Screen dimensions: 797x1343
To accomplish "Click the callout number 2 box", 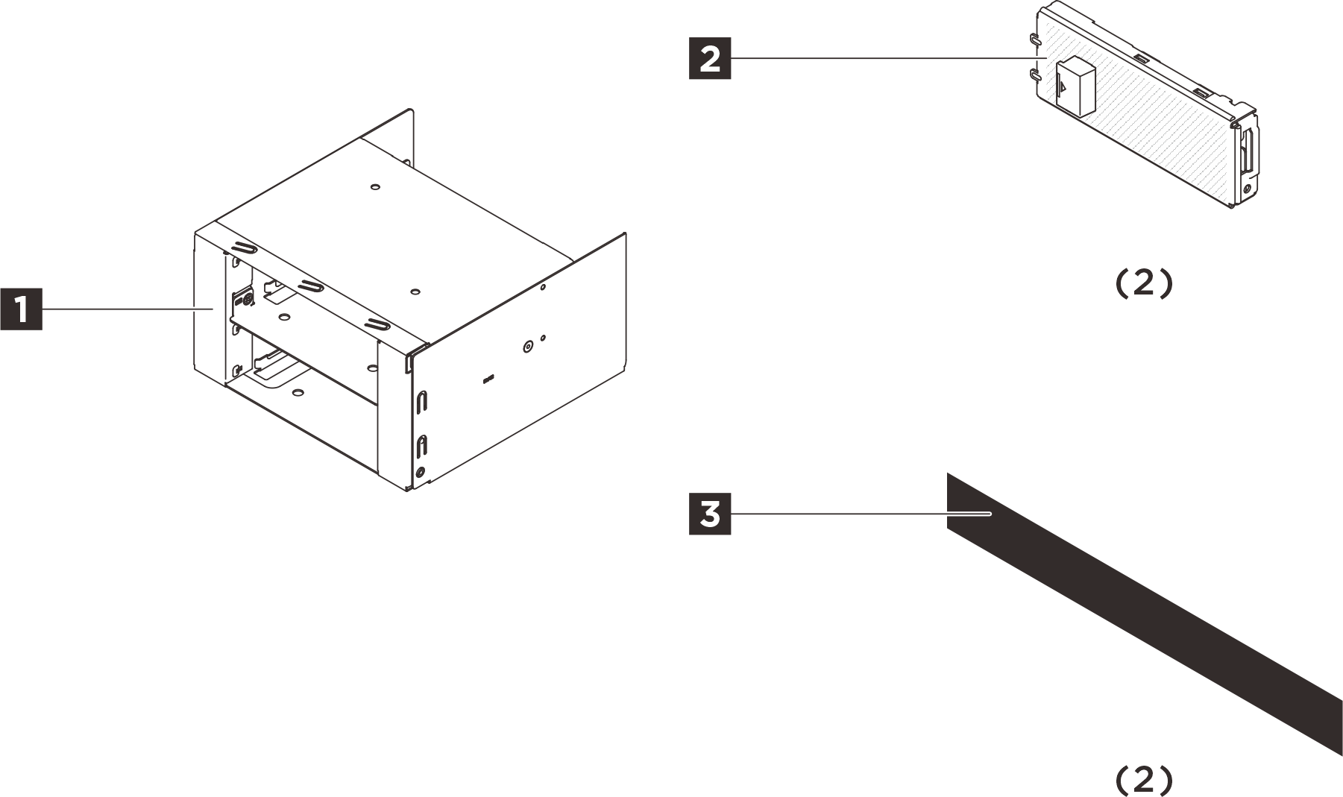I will (709, 58).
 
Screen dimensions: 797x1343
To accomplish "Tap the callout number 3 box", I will (709, 513).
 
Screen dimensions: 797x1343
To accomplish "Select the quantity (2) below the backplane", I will (1143, 284).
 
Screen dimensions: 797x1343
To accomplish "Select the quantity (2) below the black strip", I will (1143, 780).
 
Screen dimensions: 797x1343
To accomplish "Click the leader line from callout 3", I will (858, 513).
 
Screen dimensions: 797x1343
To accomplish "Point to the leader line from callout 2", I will (880, 58).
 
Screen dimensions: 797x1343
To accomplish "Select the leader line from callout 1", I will (127, 308).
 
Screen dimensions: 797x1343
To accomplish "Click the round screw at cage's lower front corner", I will (421, 471).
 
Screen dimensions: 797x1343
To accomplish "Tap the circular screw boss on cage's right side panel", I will (528, 346).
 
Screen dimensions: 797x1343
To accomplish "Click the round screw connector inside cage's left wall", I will (245, 299).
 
